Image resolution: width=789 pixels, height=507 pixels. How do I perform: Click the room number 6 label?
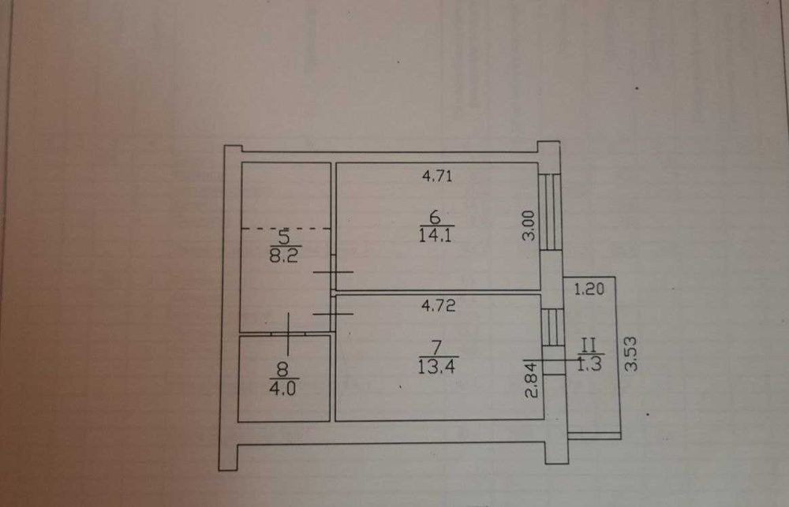(436, 218)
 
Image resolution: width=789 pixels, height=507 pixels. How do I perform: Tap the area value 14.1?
(436, 235)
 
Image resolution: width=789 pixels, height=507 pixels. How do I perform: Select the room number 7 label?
(437, 348)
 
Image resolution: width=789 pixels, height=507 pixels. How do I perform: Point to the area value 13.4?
(436, 366)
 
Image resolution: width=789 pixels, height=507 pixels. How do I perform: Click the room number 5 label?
(284, 237)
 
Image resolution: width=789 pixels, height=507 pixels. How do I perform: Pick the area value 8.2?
(284, 255)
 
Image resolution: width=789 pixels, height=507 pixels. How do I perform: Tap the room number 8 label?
(282, 370)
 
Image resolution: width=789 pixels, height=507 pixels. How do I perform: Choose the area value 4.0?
(282, 388)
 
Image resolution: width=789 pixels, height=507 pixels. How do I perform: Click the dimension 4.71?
(438, 176)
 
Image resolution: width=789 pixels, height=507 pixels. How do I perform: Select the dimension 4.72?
(438, 306)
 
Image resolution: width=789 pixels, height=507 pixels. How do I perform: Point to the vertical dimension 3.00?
(528, 226)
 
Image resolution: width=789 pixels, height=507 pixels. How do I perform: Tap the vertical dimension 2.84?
(532, 381)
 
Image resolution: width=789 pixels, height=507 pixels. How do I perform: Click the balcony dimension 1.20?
(589, 289)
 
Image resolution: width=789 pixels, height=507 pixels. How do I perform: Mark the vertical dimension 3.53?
(631, 354)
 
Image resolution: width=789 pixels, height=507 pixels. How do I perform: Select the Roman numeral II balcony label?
(589, 345)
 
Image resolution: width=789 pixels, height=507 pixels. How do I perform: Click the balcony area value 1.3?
(589, 364)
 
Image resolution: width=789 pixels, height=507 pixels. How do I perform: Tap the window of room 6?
(550, 212)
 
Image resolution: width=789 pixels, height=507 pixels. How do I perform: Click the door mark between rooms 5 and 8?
(288, 334)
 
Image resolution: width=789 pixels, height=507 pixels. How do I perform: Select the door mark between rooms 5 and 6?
(333, 272)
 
